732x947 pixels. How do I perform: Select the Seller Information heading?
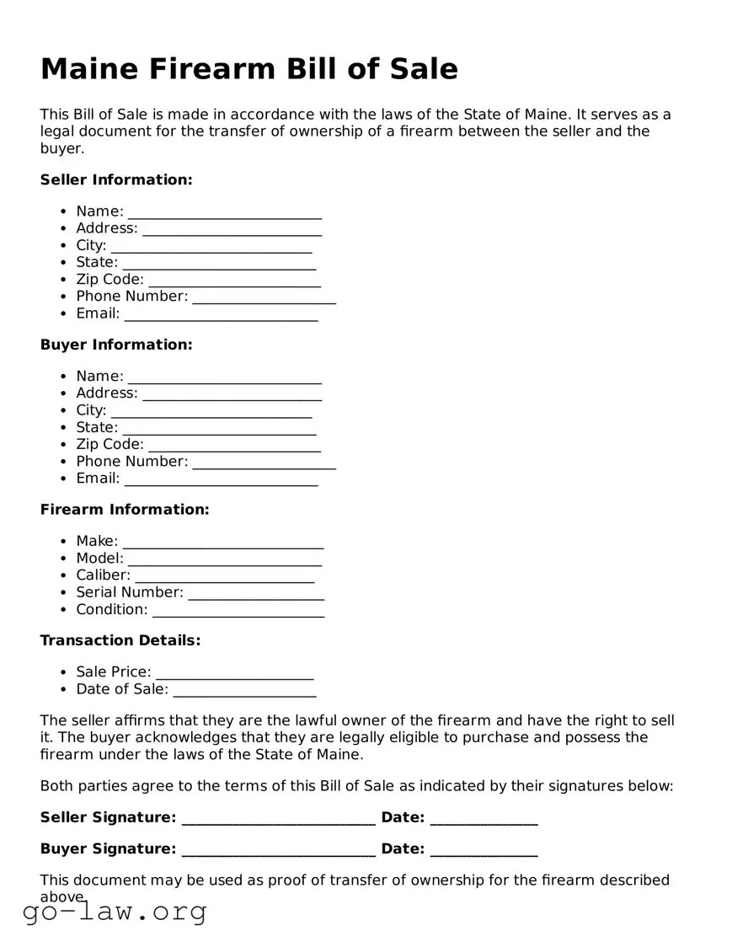point(116,179)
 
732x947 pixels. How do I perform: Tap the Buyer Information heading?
point(116,345)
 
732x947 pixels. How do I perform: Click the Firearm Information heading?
point(125,510)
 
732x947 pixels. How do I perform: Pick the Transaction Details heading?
point(120,640)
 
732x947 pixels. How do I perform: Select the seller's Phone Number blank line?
point(264,299)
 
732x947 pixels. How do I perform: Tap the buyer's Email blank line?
point(222,481)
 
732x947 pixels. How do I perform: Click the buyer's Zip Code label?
point(110,444)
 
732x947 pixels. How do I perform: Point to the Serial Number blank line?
point(256,595)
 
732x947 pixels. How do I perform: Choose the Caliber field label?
point(103,575)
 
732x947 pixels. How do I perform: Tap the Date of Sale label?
point(122,689)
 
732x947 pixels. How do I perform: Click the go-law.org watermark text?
point(115,911)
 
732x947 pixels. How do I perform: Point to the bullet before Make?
point(65,542)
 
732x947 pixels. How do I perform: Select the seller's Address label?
point(106,228)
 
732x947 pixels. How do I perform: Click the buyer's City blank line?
point(211,413)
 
